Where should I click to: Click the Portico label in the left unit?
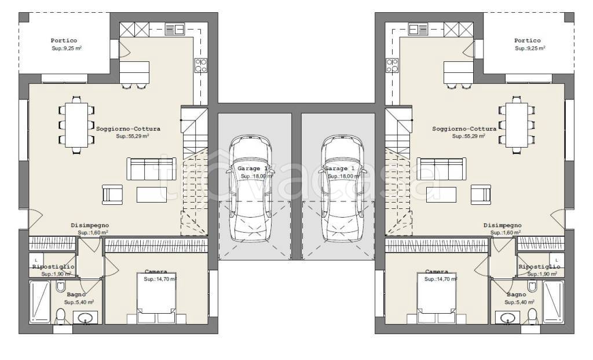pos(64,41)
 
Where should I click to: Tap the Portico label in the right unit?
pos(527,41)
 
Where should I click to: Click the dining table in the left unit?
pos(76,124)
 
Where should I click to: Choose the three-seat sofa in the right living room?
pos(441,168)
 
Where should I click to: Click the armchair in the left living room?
pos(112,194)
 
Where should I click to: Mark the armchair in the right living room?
pos(480,194)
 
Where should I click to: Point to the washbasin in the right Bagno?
pos(508,318)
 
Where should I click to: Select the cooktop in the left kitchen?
pos(200,66)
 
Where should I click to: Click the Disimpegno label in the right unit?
pos(503,225)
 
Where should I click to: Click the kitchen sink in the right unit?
pos(418,28)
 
